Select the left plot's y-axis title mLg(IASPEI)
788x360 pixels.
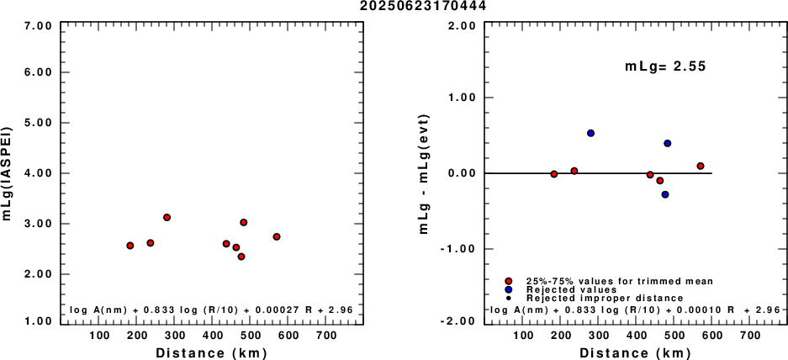8,173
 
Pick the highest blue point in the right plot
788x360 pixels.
591,133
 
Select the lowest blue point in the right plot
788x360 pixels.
665,194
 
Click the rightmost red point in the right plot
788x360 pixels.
701,167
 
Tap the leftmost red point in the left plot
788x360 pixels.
130,246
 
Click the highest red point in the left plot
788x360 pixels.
167,217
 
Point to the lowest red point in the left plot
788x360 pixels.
241,257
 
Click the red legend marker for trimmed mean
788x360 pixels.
509,281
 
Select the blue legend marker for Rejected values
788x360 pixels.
509,289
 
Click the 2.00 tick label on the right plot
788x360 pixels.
463,25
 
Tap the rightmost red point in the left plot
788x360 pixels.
277,237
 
